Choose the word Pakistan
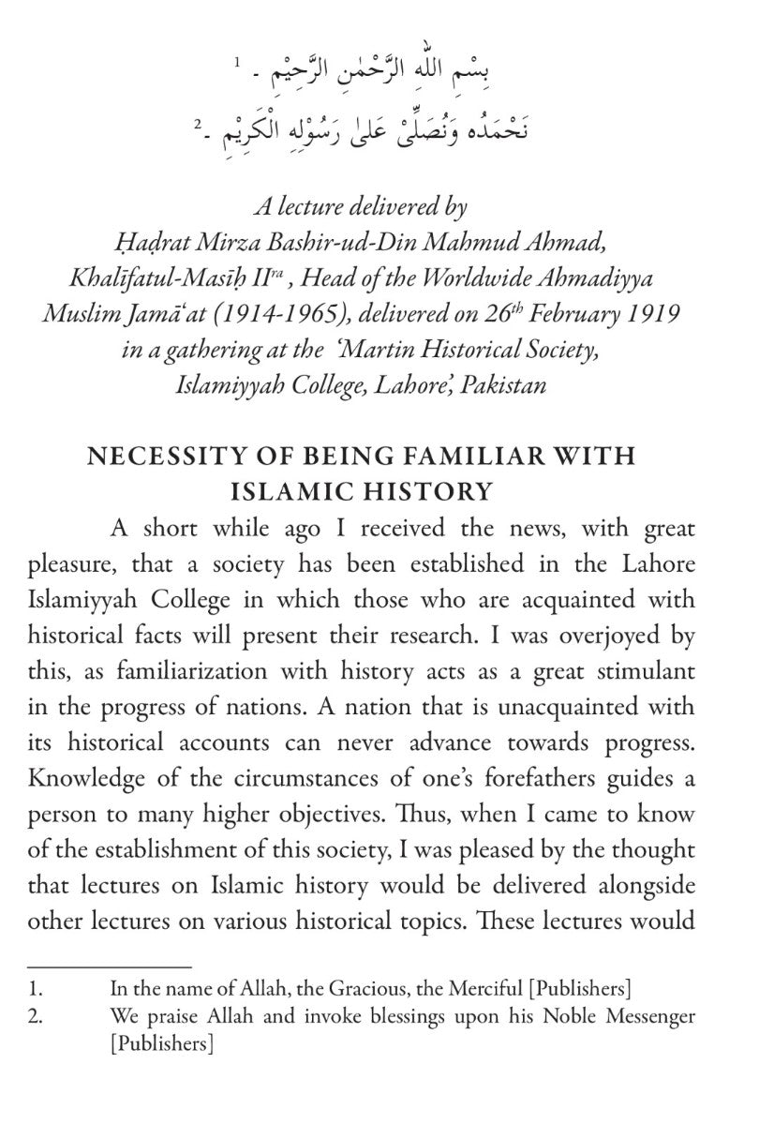pyautogui.click(x=507, y=385)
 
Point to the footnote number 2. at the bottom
pyautogui.click(x=35, y=1015)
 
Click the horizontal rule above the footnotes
pyautogui.click(x=109, y=965)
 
